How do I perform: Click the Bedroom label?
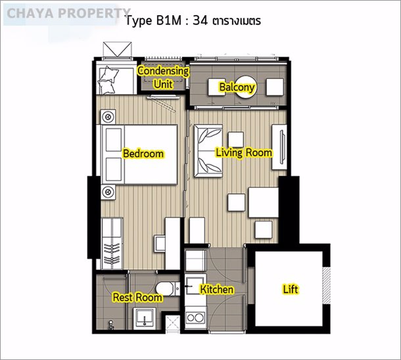click(x=143, y=154)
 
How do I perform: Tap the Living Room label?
click(x=244, y=152)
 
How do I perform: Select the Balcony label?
click(x=237, y=87)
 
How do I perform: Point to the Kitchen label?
click(x=216, y=289)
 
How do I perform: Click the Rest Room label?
click(x=137, y=297)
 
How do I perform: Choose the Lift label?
click(x=291, y=289)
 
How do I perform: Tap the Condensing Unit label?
click(x=163, y=78)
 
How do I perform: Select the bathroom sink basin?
click(x=145, y=317)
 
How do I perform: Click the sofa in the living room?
click(x=208, y=151)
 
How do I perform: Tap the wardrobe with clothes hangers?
click(x=112, y=244)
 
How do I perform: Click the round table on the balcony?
click(x=245, y=87)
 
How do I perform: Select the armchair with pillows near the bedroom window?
click(x=116, y=80)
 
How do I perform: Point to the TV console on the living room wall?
click(x=279, y=147)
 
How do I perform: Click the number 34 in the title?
click(x=200, y=20)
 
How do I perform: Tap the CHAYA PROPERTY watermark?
click(x=68, y=13)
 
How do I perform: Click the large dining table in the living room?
click(x=264, y=202)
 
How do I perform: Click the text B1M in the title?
click(x=168, y=20)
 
